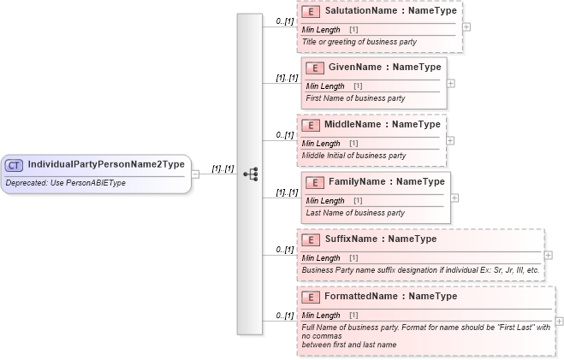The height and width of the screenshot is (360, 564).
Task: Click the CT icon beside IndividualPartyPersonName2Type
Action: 14,165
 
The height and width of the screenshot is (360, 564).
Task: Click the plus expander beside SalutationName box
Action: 466,27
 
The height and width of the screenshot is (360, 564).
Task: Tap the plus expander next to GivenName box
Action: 451,83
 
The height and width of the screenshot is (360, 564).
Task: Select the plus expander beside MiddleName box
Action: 450,140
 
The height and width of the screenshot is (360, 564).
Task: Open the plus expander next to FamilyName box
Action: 454,198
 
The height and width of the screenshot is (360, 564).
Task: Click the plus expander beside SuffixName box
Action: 549,255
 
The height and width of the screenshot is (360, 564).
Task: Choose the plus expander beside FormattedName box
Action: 559,322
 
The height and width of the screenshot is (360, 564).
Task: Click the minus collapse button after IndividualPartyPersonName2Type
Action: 196,174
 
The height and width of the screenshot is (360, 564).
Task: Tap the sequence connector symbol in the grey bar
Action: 250,174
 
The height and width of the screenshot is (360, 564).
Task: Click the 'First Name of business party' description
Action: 355,98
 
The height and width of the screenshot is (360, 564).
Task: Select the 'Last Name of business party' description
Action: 355,213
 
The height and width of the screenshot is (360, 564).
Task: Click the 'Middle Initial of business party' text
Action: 353,156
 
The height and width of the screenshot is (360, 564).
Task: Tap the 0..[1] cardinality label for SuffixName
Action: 284,250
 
